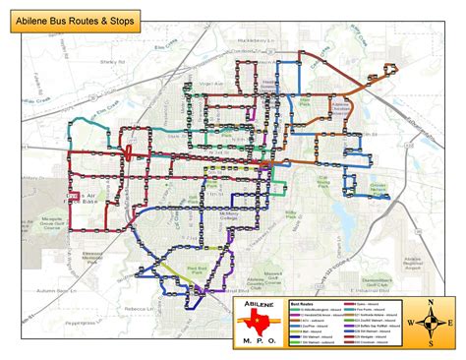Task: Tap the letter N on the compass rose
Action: (430, 303)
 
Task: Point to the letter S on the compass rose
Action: (430, 342)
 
